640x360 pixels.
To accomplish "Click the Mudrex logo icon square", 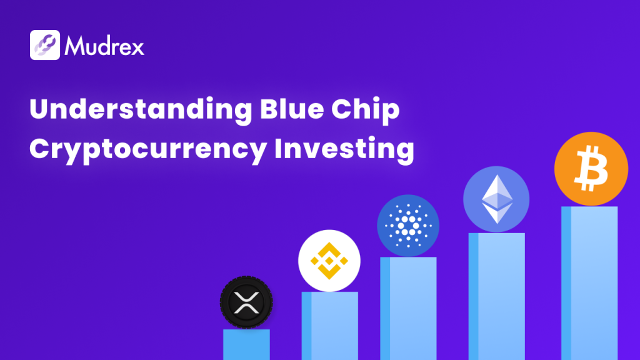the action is point(45,45).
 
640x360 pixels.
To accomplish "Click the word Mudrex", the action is point(104,46).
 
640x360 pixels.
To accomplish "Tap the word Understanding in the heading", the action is point(141,109).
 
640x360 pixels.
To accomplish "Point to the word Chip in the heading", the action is point(365,110).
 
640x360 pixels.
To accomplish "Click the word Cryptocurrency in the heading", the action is point(148,149).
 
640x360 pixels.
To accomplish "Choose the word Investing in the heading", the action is point(344,149).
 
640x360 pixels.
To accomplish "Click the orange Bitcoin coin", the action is point(591,169).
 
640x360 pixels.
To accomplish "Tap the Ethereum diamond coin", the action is point(496,199).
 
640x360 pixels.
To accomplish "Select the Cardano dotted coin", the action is point(408,226).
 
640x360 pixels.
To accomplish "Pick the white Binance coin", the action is point(329,261).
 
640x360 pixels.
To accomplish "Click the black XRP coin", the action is point(246,302).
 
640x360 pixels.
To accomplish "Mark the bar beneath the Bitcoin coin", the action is point(589,283).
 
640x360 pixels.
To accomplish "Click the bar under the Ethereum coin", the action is point(497,296).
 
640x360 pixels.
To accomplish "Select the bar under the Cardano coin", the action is point(408,309).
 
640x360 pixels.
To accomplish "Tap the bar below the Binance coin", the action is point(330,326).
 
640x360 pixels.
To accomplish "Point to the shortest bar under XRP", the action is point(246,344).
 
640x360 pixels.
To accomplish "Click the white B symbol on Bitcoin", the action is point(591,169).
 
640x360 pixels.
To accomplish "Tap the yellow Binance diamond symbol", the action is point(329,261).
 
